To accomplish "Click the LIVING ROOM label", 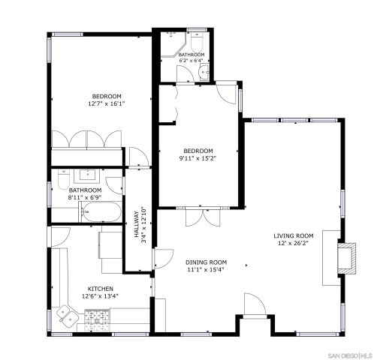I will pyautogui.click(x=292, y=235).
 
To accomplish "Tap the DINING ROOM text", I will pyautogui.click(x=206, y=262).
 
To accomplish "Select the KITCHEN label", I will pyautogui.click(x=100, y=289).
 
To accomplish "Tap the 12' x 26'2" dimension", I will pyautogui.click(x=292, y=243).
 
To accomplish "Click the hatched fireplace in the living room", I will pyautogui.click(x=346, y=257).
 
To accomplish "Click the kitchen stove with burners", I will pyautogui.click(x=98, y=320).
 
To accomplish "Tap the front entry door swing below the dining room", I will pyautogui.click(x=255, y=305).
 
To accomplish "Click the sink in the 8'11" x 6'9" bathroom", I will pyautogui.click(x=86, y=176).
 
